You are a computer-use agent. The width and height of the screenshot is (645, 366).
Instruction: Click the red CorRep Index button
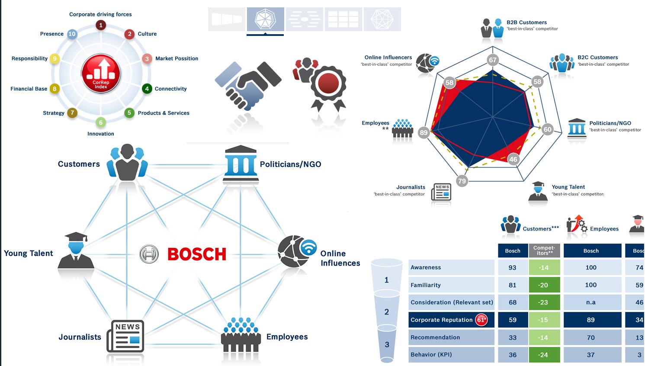click(x=101, y=74)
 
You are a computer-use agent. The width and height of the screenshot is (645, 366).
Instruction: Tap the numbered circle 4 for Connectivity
click(x=147, y=89)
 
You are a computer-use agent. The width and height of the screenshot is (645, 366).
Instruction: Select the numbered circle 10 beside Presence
click(x=72, y=34)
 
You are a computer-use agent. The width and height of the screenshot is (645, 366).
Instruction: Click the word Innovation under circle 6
click(x=101, y=134)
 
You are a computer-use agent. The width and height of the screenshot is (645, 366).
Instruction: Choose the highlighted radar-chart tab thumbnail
click(x=266, y=19)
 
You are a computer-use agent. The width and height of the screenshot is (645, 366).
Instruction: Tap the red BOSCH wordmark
click(x=197, y=254)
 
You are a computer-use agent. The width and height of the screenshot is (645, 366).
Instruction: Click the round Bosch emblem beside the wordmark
click(x=149, y=254)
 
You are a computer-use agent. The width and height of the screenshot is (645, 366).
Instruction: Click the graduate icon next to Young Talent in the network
click(x=76, y=250)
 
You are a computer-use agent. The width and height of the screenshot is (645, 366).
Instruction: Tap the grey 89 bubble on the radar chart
click(x=424, y=132)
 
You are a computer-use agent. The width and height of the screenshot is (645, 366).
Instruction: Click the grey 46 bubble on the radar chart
click(x=513, y=159)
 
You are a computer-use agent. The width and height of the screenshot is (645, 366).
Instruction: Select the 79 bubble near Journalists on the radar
click(x=462, y=181)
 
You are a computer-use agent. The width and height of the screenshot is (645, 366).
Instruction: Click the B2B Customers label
click(x=526, y=22)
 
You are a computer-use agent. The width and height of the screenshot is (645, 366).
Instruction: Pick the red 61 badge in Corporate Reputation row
click(x=481, y=320)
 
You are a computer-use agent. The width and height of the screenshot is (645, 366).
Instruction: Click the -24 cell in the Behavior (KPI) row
click(x=544, y=354)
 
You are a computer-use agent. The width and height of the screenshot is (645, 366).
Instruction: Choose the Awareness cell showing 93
click(x=513, y=267)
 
